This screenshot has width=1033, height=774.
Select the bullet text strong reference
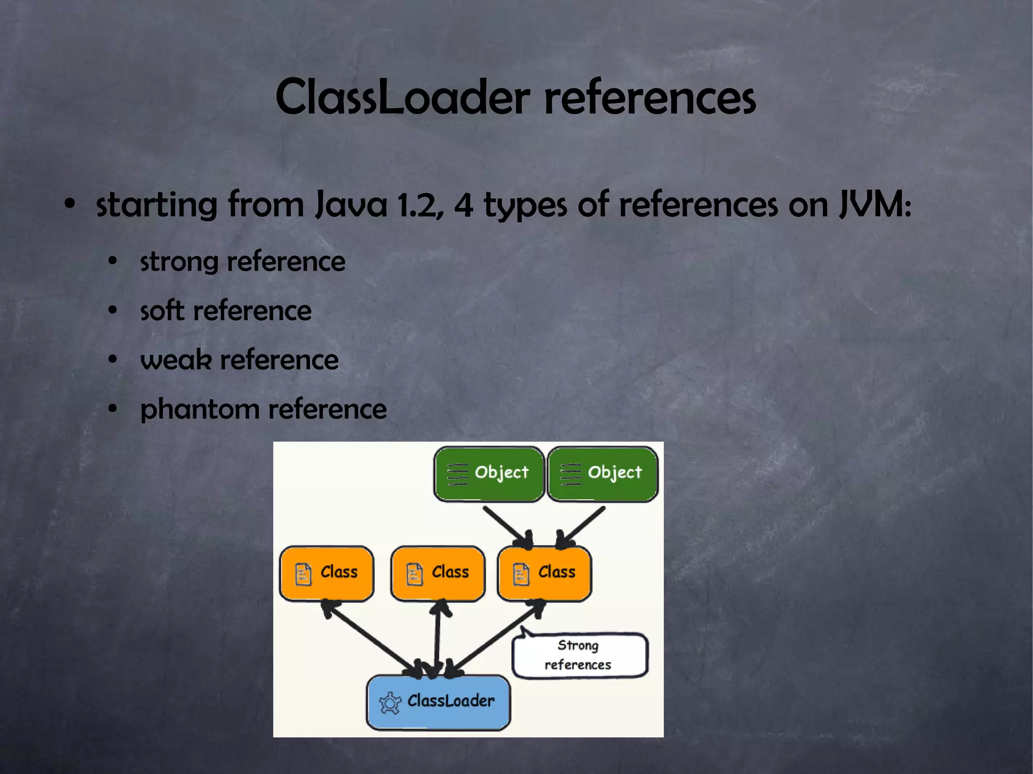pos(242,262)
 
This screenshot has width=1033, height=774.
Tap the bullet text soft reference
pos(225,311)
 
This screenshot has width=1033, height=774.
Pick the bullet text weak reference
pos(239,360)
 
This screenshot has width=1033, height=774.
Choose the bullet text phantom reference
pos(263,409)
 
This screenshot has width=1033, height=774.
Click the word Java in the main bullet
pos(351,205)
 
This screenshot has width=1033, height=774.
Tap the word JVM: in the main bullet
pos(875,205)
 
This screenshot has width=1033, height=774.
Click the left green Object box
pos(489,473)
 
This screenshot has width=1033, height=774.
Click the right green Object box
pos(603,473)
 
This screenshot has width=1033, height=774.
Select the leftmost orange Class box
pos(327,573)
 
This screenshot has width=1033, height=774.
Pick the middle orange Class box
pos(438,573)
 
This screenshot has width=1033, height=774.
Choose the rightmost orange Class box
pos(544,573)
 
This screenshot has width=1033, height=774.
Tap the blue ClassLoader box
pos(438,702)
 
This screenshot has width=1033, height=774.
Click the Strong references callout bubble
pos(579,655)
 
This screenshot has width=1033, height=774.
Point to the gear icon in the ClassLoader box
pos(390,703)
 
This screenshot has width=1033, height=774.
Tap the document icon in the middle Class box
pos(415,574)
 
